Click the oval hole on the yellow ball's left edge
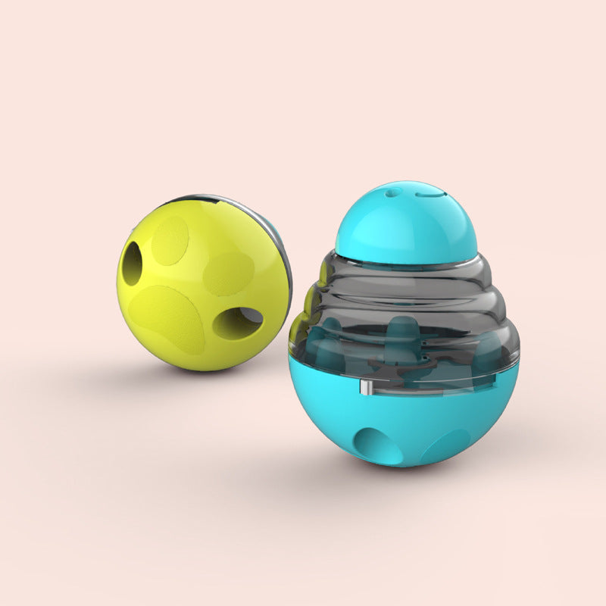[132, 264]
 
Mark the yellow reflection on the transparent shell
[299, 318]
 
